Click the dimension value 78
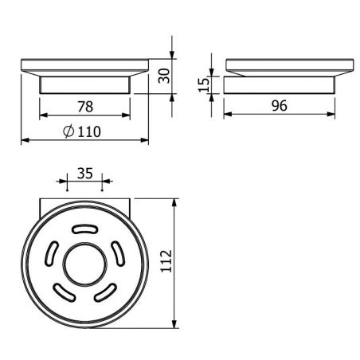click(85, 107)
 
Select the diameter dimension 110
click(82, 131)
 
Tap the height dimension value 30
click(164, 76)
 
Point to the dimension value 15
click(204, 85)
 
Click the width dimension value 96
click(280, 105)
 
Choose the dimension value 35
click(85, 174)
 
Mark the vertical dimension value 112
click(166, 260)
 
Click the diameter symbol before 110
click(68, 131)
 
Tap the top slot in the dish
click(85, 229)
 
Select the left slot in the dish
click(52, 253)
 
